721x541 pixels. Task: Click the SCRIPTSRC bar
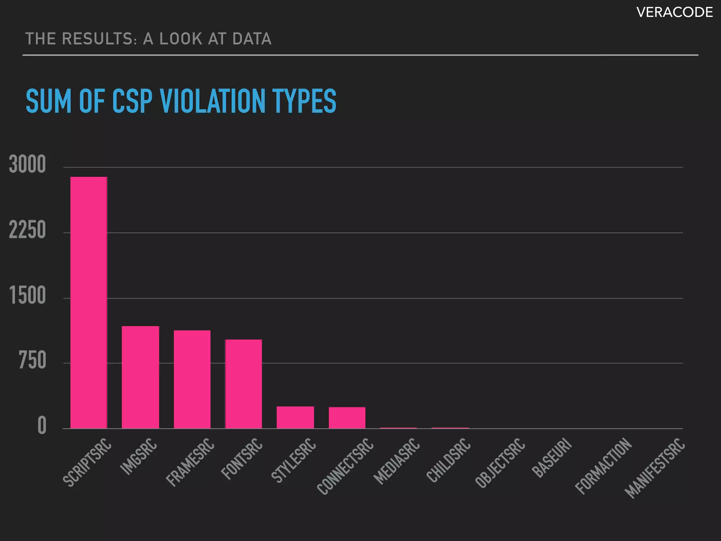89,303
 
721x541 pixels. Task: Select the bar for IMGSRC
140,378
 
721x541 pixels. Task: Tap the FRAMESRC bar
192,380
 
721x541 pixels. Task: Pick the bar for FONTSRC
244,384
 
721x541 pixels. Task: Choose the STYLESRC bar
295,418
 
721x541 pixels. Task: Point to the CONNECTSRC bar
347,418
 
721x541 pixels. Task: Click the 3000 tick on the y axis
27,164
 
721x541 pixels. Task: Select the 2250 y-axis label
27,230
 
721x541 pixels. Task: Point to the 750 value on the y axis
32,361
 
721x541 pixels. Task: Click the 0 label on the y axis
42,426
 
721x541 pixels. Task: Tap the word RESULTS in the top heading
100,39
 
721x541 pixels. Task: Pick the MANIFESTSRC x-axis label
655,468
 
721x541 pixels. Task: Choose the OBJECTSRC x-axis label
500,463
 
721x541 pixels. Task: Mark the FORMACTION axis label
603,466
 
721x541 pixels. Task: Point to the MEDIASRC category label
397,461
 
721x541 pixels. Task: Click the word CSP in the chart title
132,101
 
